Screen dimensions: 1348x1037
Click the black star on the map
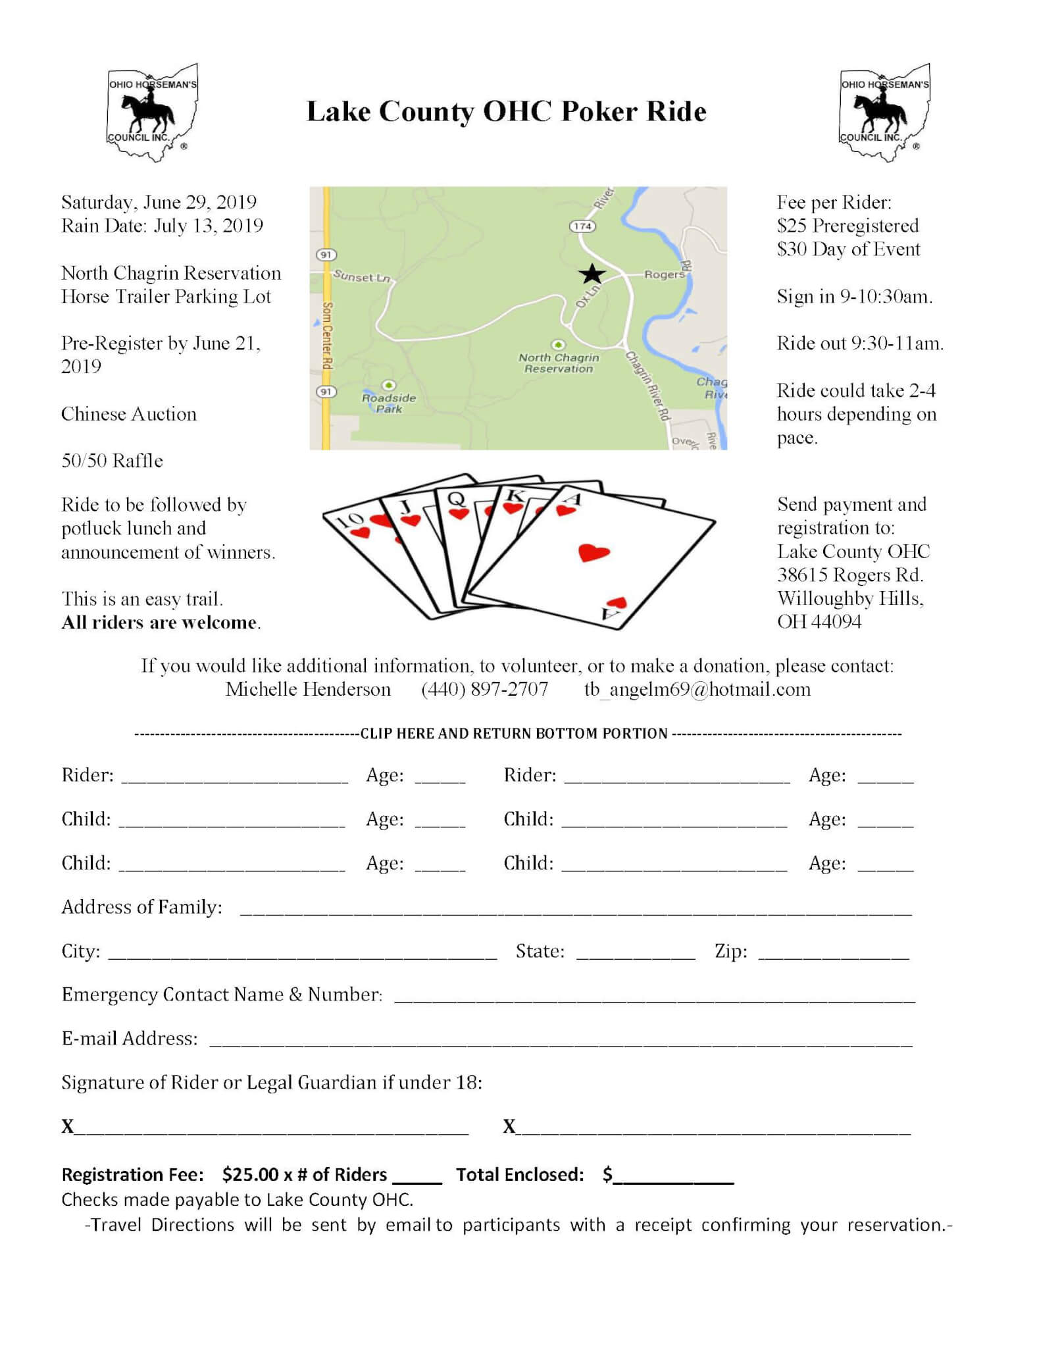click(x=592, y=274)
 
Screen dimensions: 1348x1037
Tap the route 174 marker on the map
click(x=582, y=226)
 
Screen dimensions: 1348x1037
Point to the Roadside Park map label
click(x=389, y=402)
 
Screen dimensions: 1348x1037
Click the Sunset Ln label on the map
click(x=361, y=276)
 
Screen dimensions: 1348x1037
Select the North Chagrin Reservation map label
click(x=559, y=363)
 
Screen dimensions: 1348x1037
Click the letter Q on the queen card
click(x=456, y=499)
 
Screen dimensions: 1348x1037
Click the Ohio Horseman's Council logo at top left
click(x=153, y=112)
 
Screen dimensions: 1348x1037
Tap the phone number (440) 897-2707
click(x=484, y=689)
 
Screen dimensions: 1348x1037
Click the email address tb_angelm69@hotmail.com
click(x=697, y=689)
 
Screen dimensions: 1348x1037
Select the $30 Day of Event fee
click(x=848, y=249)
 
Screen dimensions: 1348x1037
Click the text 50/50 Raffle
click(x=112, y=461)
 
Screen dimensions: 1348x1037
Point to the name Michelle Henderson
click(x=308, y=689)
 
